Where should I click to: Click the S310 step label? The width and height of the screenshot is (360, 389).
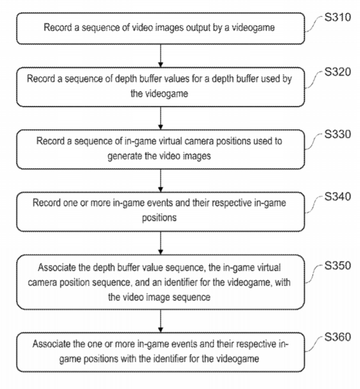coord(338,17)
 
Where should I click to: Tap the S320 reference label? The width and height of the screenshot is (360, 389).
coord(338,72)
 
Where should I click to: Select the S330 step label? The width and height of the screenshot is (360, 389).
coord(338,134)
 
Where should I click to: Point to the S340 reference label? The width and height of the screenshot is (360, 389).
coord(338,197)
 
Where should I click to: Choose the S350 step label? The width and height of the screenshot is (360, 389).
coord(338,266)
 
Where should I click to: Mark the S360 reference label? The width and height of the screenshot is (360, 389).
coord(338,337)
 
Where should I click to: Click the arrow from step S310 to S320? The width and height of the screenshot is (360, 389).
coord(161,56)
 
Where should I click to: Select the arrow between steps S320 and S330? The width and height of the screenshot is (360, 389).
coord(161,118)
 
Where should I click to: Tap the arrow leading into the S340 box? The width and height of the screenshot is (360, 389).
coord(161,181)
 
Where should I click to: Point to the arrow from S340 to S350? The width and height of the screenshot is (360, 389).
coord(161,243)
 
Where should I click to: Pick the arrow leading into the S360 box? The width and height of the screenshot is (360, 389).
coord(161,321)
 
